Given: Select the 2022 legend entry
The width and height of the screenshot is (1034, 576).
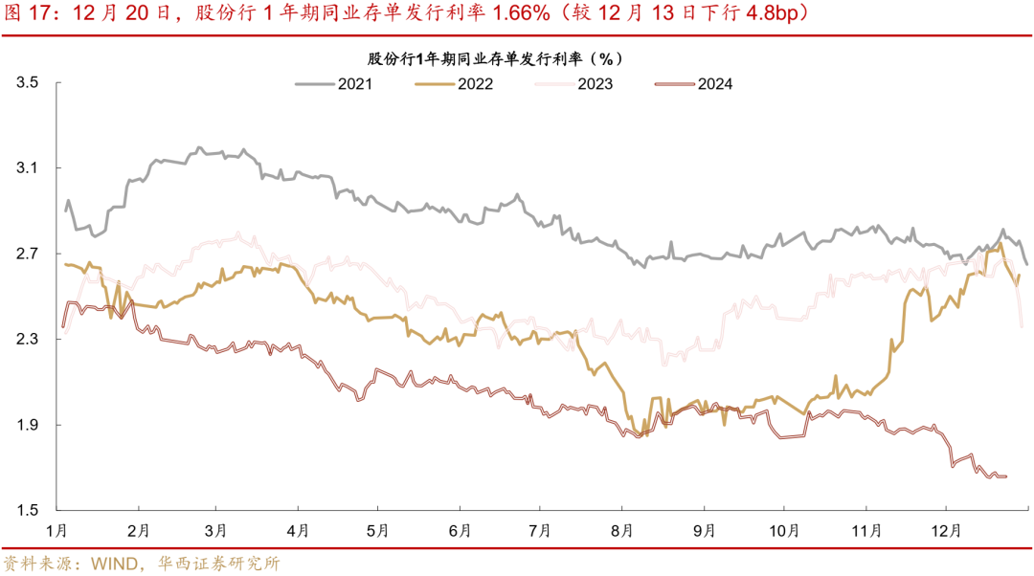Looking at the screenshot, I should click(x=474, y=83).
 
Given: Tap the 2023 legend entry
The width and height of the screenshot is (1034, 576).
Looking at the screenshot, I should click(x=594, y=83).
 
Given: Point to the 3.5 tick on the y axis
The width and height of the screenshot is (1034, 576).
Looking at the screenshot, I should click(x=27, y=83).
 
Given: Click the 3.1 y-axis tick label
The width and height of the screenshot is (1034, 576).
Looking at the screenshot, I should click(x=27, y=168).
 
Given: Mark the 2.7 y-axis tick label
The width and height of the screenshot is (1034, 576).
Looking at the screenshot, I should click(x=27, y=254).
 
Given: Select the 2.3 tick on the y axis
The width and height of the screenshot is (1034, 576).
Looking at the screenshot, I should click(x=27, y=339).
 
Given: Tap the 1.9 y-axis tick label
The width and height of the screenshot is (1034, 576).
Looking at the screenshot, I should click(x=27, y=424).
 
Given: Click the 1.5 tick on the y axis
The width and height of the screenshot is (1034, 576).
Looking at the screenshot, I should click(x=27, y=509).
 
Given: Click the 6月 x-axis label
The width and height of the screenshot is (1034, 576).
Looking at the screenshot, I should click(x=459, y=529).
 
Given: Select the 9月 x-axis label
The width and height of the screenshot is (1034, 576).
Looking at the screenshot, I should click(x=704, y=529).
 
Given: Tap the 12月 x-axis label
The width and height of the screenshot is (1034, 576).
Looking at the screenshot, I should click(x=946, y=529).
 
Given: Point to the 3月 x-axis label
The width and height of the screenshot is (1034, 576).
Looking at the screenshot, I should click(x=216, y=529).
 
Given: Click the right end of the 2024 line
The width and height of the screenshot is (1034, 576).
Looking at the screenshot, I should click(x=1006, y=476).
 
